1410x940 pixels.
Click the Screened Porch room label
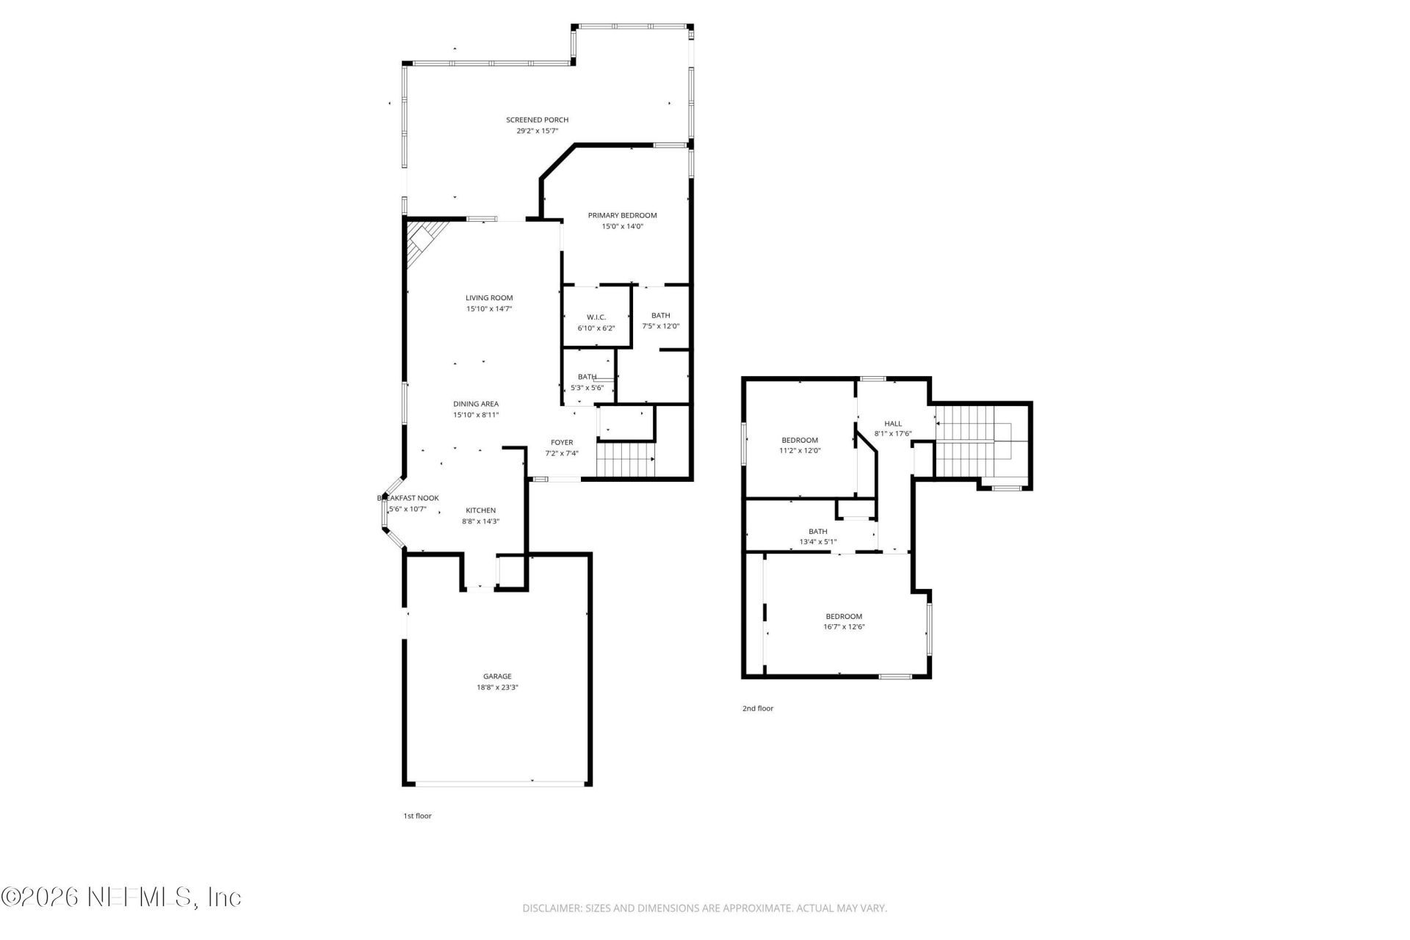537,120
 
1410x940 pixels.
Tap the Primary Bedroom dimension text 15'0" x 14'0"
622,226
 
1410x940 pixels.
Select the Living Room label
489,298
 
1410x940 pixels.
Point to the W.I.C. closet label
596,317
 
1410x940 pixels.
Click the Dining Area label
476,404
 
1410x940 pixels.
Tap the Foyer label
562,442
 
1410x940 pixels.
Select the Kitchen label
480,510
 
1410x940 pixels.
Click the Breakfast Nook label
408,498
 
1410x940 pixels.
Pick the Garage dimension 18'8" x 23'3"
497,687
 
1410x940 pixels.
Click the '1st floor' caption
417,816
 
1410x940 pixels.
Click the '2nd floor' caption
757,709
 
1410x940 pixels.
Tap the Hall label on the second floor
893,424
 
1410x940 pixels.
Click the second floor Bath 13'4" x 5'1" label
817,532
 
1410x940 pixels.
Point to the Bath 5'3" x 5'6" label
587,377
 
